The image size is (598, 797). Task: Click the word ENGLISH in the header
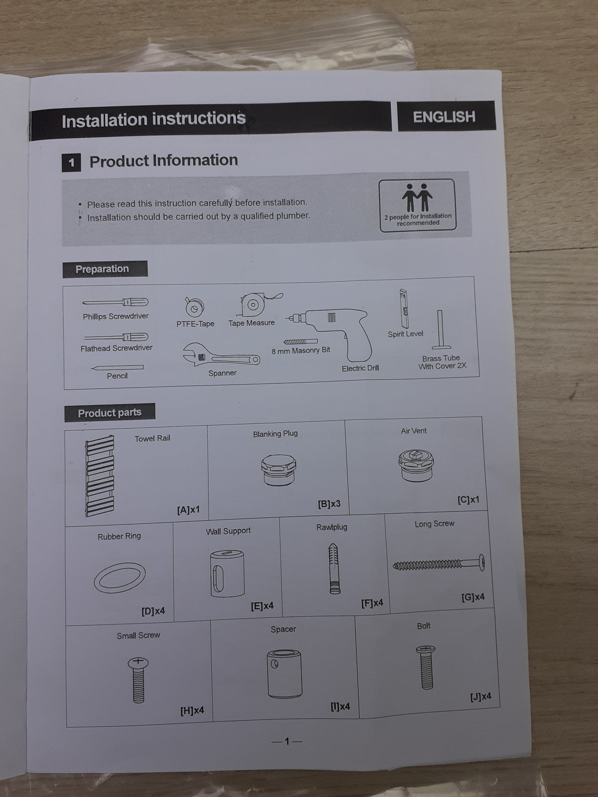[444, 117]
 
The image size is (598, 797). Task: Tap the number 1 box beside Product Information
[71, 162]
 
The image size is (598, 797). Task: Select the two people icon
[417, 198]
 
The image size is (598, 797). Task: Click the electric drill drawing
[328, 332]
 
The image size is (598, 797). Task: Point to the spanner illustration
[221, 355]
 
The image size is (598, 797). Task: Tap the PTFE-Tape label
[195, 324]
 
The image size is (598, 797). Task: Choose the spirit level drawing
[404, 308]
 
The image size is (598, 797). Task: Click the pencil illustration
[117, 368]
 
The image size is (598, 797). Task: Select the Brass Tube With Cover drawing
[441, 330]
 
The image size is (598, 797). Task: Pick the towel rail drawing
[100, 475]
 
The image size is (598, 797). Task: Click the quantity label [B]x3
[329, 504]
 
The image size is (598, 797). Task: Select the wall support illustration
[227, 573]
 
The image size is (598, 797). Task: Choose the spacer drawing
[284, 673]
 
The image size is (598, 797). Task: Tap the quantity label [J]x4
[480, 696]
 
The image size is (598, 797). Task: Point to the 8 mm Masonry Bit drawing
[300, 342]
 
